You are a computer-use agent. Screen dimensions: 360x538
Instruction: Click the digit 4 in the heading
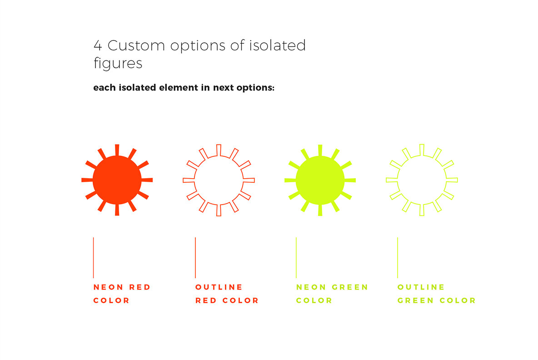pos(98,46)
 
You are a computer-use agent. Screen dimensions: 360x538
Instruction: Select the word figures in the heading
pos(118,63)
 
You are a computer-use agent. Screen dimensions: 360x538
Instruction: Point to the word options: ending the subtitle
pos(255,88)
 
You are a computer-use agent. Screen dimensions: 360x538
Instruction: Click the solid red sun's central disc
pos(117,180)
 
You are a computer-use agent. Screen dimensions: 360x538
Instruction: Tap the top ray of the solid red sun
pos(117,150)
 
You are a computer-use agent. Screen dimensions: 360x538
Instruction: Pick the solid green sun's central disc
pos(320,180)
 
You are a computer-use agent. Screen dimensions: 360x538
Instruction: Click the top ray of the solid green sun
pos(320,150)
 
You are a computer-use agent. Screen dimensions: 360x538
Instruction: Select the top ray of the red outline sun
pos(219,150)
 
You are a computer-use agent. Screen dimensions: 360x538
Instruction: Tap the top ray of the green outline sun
pos(422,150)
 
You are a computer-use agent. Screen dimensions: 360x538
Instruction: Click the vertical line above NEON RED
pos(94,257)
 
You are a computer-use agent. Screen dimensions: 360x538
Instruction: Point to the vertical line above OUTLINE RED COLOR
pos(195,257)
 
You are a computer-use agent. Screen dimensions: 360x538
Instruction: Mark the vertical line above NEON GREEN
pos(296,257)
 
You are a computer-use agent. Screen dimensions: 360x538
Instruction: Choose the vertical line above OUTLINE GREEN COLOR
pos(398,257)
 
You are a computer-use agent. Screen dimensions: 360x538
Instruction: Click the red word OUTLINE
pos(219,287)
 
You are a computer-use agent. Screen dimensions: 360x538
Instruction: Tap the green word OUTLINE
pos(421,287)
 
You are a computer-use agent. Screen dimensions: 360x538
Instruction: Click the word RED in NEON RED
pos(140,287)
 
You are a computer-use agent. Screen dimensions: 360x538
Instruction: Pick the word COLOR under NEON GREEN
pos(314,300)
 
